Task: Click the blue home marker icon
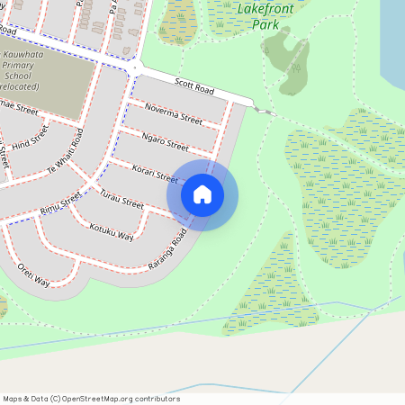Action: point(202,194)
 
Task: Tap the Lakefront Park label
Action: point(257,18)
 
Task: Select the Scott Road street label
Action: point(193,87)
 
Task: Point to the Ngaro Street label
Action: point(165,140)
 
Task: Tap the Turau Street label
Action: point(121,199)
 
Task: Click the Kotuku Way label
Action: point(112,230)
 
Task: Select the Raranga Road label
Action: point(167,249)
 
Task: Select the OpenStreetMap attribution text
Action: point(91,399)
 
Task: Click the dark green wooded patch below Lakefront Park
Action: point(288,58)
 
